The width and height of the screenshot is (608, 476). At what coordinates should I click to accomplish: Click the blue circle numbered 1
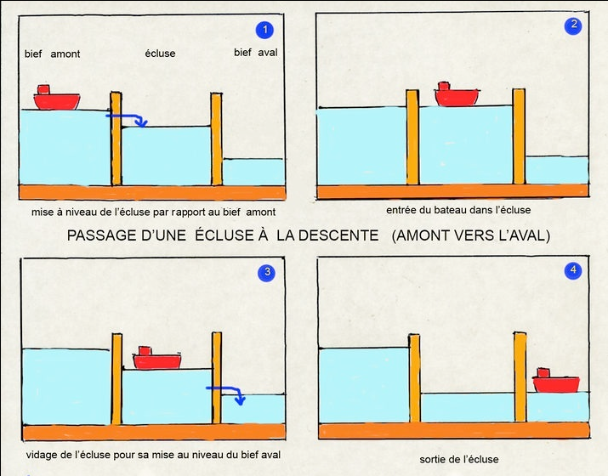(264, 30)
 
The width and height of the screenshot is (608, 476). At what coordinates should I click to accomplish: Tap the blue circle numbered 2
(573, 25)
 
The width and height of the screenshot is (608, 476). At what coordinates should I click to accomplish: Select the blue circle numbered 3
(267, 273)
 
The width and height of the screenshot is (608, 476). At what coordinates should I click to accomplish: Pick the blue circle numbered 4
(573, 270)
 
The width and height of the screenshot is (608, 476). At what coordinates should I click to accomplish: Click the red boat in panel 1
(57, 98)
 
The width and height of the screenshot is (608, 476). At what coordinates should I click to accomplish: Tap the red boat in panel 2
(457, 94)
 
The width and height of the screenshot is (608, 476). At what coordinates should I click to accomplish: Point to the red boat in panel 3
(157, 358)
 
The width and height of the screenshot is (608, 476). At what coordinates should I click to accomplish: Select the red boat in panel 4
(556, 381)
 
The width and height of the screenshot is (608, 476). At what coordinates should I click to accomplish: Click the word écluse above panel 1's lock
(160, 53)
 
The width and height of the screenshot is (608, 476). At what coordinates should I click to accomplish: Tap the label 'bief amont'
(53, 54)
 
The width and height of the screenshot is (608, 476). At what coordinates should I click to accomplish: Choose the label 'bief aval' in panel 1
(256, 53)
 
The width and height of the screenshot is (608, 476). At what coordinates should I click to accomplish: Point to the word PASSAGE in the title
(102, 235)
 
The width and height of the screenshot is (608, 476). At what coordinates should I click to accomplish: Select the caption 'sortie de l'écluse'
(459, 459)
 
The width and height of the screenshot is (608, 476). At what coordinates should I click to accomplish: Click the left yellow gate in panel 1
(116, 139)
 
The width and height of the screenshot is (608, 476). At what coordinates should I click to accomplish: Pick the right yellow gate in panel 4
(520, 377)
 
